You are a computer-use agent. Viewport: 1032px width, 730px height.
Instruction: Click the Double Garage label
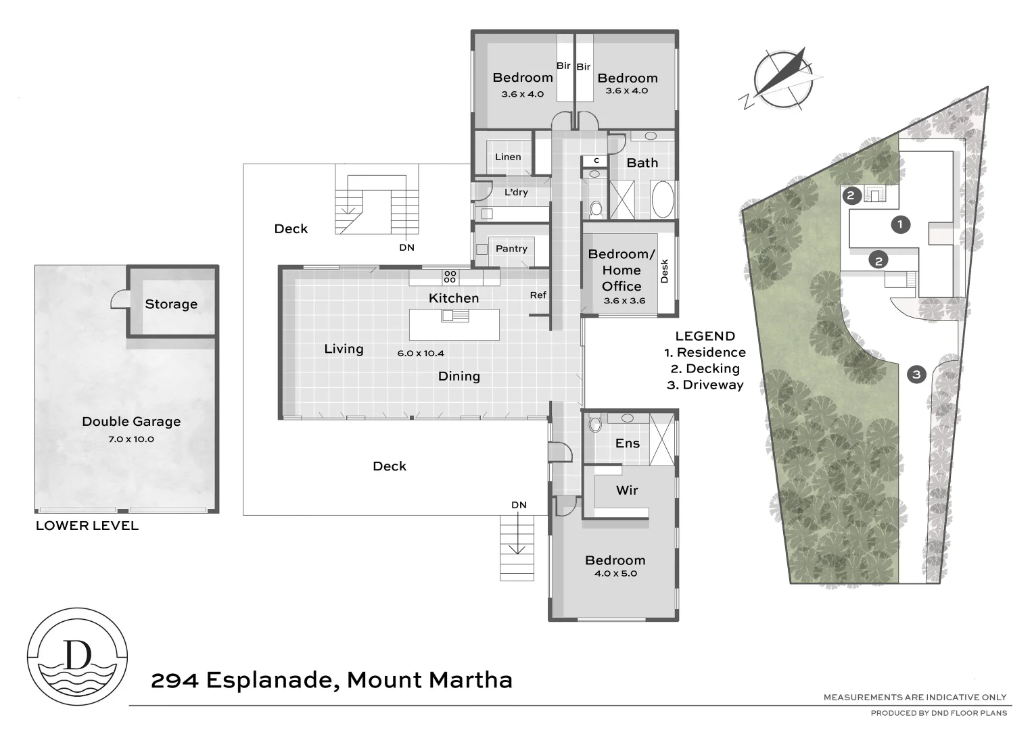coord(131,422)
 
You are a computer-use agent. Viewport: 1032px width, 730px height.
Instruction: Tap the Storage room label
coord(171,304)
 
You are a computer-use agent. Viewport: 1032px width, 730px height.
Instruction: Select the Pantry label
coord(511,249)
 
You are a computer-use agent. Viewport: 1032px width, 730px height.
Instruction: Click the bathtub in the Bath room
coord(662,199)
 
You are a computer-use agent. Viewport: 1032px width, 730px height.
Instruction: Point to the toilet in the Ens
coord(595,424)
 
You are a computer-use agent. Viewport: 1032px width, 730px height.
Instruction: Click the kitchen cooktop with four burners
coord(450,276)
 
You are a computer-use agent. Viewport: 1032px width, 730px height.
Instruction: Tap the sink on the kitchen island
coord(455,316)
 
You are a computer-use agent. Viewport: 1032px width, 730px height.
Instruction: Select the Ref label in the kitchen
coord(538,295)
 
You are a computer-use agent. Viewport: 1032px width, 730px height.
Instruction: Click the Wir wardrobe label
coord(627,490)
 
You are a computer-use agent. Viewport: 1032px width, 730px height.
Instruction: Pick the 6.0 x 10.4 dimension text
coord(421,353)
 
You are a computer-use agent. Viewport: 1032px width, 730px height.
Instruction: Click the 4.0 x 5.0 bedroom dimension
coord(615,573)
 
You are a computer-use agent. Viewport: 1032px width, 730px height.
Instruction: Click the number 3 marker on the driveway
coord(916,374)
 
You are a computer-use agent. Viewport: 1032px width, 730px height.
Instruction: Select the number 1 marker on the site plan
coord(900,224)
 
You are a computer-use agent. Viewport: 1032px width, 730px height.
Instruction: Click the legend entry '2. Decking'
coord(705,368)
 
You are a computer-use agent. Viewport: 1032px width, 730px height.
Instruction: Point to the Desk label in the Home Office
coord(664,271)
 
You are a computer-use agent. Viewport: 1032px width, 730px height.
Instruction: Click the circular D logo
coord(77,656)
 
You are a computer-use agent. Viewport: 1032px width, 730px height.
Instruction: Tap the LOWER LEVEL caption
coord(87,526)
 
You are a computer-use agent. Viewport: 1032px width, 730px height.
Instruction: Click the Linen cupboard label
coord(508,157)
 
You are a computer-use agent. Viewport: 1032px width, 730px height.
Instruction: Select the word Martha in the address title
coord(471,680)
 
